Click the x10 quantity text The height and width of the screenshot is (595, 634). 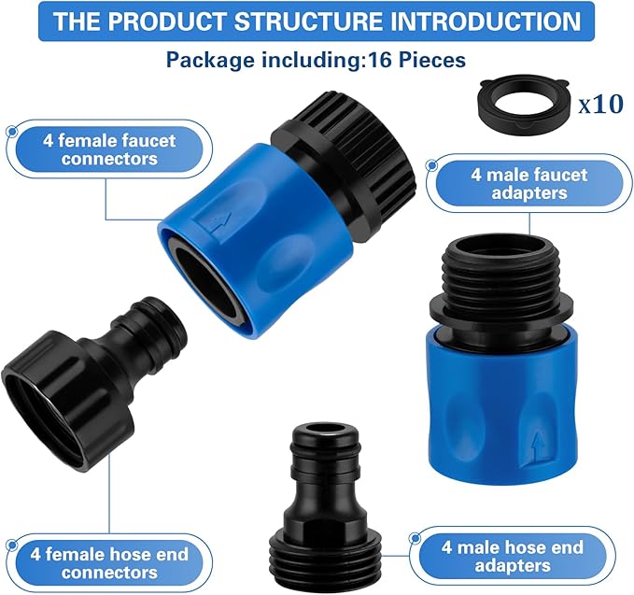pos(600,103)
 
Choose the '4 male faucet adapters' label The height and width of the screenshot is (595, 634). pos(528,183)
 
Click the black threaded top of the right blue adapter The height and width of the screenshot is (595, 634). pos(495,271)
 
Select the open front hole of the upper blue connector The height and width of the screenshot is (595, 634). pos(209,285)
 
